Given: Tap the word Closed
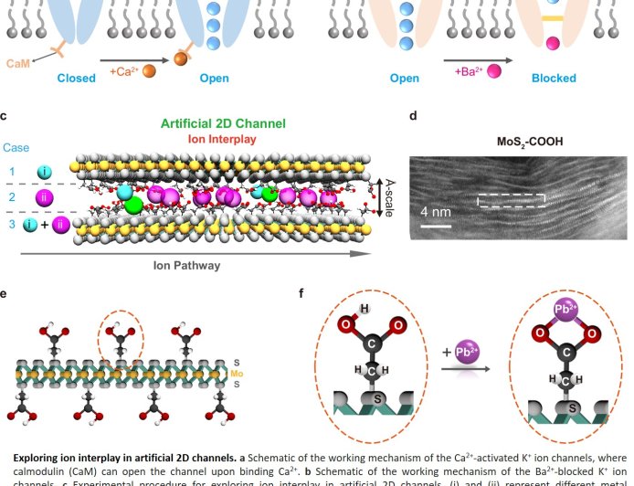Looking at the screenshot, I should tap(76, 79).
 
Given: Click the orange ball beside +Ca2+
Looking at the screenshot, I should tap(150, 71).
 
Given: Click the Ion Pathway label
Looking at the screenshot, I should tap(189, 266).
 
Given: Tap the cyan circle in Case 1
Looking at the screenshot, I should tap(44, 172).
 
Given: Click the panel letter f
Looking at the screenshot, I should tap(301, 293).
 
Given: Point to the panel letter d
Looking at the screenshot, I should tap(414, 116).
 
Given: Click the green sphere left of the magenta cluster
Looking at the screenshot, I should tap(134, 205).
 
